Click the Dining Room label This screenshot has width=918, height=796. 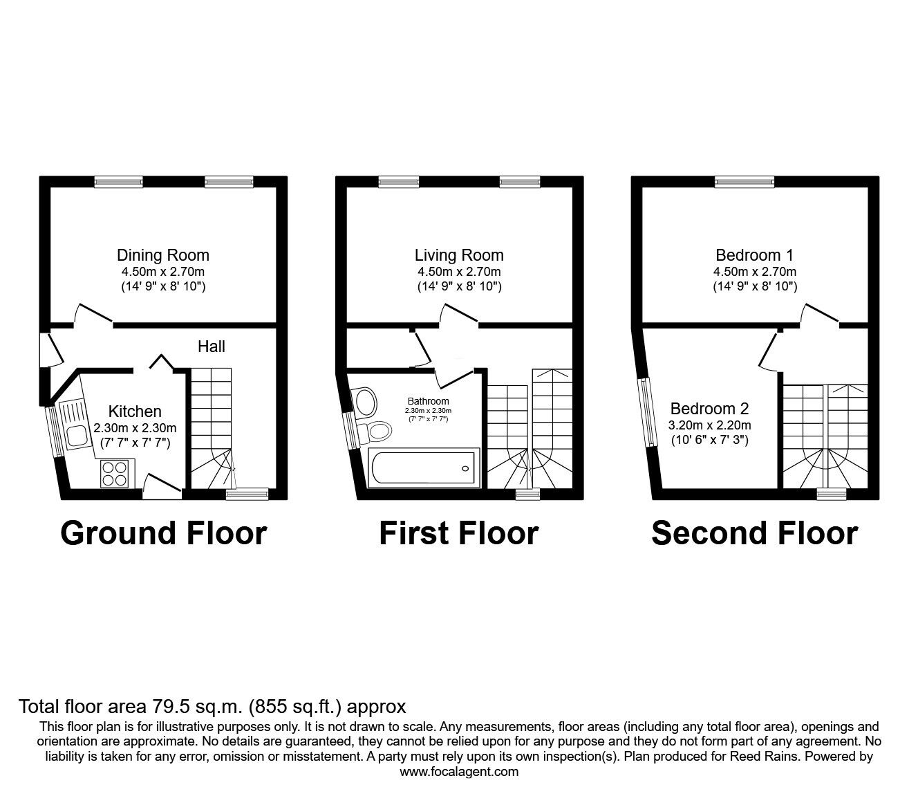tap(163, 255)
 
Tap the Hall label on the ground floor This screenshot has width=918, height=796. tap(212, 346)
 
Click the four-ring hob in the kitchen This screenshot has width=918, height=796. tap(115, 474)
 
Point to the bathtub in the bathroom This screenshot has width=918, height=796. tap(424, 468)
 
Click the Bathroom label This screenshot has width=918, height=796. tap(428, 401)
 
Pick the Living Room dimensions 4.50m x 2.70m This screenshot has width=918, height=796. tap(459, 272)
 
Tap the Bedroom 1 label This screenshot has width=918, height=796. tap(755, 255)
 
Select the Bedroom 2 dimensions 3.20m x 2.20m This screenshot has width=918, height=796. tap(710, 425)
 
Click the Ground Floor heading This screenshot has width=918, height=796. tap(163, 534)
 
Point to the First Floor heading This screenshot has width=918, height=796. tap(459, 533)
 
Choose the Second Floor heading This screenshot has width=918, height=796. tap(755, 533)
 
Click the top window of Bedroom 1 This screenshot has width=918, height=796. tap(744, 182)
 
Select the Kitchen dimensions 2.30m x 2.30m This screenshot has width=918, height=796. tap(135, 428)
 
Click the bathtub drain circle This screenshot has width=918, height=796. tap(465, 468)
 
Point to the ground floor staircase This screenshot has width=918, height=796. tap(212, 429)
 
